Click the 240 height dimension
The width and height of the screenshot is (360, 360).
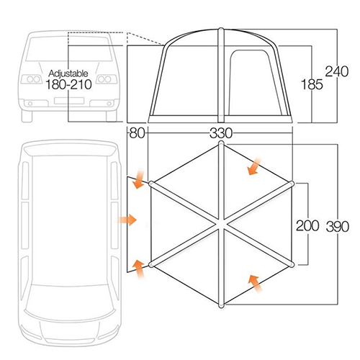[336, 71]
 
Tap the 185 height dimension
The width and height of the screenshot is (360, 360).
[312, 84]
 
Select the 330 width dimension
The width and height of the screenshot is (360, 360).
[221, 133]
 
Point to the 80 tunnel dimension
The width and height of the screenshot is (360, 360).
[138, 133]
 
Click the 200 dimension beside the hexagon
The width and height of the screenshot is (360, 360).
[307, 225]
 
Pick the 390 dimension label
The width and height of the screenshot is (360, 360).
[338, 227]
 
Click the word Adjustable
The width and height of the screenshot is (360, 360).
[68, 73]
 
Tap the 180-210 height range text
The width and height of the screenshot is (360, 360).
[68, 84]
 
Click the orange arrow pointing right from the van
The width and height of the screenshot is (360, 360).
[127, 220]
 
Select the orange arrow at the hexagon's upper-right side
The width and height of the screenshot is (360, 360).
[254, 166]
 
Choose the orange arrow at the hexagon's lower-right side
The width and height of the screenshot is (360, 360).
[255, 284]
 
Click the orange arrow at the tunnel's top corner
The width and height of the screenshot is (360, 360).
[139, 179]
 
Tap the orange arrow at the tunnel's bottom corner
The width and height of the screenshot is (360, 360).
[139, 269]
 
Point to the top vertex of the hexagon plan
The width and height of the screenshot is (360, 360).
[221, 143]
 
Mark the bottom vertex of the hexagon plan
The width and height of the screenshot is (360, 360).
[221, 305]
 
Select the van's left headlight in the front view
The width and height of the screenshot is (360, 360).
[32, 79]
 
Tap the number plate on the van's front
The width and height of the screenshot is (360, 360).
[69, 101]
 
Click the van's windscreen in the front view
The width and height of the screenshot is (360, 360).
[69, 49]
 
